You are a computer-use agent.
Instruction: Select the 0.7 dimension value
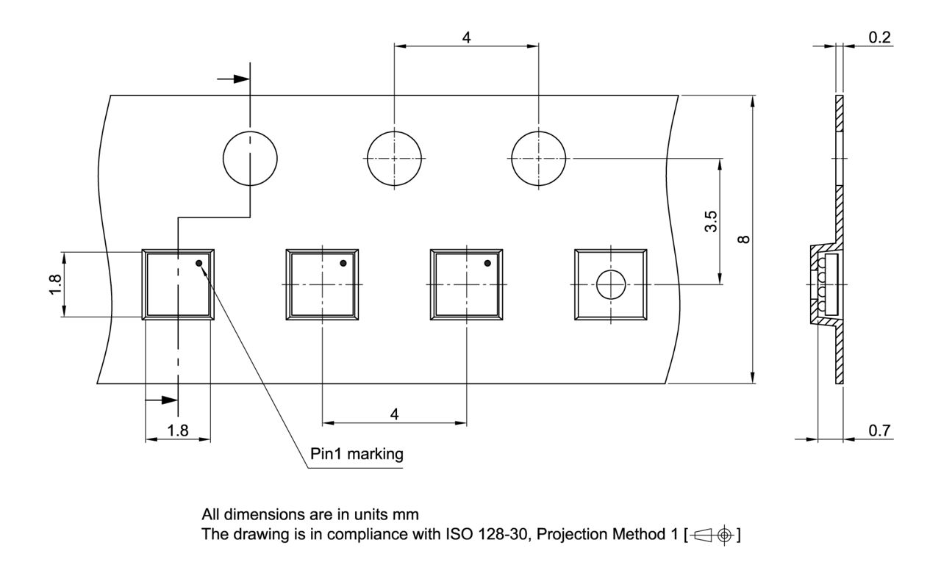(x=879, y=431)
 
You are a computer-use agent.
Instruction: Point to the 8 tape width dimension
(x=744, y=239)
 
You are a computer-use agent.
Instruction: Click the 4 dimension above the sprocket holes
(x=467, y=37)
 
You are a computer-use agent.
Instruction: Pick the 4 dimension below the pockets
(x=394, y=414)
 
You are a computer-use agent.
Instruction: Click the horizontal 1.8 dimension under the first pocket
(x=178, y=431)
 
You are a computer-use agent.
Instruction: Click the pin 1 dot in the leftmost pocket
(x=199, y=263)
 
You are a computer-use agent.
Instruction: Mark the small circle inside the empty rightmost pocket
(x=610, y=284)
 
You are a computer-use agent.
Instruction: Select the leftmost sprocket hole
(x=250, y=158)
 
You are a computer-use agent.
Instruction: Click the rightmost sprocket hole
(x=539, y=158)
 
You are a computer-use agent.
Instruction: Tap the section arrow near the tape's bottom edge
(x=162, y=400)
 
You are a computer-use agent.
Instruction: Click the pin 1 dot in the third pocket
(x=487, y=263)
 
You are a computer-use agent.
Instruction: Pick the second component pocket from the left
(x=322, y=284)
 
